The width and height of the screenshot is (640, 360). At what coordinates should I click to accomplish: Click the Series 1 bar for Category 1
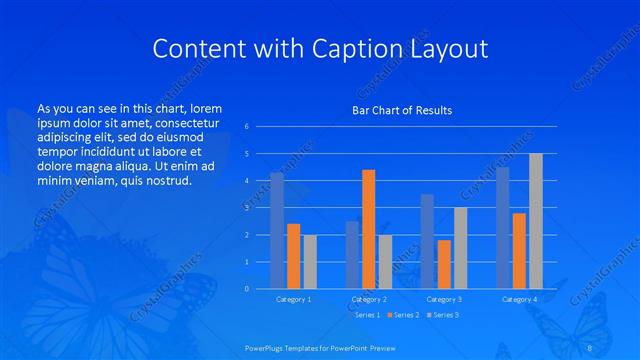click(x=277, y=231)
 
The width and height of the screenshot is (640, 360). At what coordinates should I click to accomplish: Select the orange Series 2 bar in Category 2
click(x=369, y=229)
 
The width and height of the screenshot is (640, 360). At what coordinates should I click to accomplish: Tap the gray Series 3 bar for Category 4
click(x=536, y=221)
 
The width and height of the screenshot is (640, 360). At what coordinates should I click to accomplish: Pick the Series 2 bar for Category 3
click(x=444, y=264)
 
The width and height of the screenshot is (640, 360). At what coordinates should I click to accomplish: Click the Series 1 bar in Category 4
click(x=503, y=228)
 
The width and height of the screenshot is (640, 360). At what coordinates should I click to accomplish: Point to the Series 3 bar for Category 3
click(x=460, y=248)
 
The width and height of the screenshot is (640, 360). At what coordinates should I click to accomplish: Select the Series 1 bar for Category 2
click(x=352, y=255)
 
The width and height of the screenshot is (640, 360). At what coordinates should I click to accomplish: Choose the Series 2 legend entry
click(x=404, y=315)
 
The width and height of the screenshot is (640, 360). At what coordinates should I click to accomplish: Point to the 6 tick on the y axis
click(x=247, y=127)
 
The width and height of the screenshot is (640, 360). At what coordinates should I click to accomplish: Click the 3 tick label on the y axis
click(x=247, y=208)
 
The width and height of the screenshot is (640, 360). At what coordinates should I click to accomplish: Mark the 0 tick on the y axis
click(x=247, y=289)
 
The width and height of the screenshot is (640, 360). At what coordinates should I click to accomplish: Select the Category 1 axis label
click(x=293, y=299)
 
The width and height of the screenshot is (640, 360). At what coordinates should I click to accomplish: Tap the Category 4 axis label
click(x=519, y=299)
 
